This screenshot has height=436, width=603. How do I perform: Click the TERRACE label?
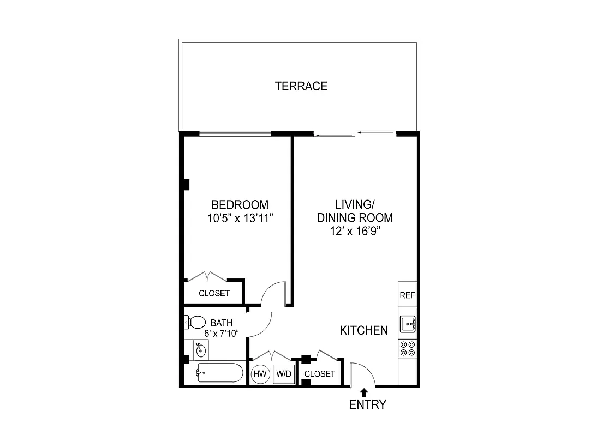pos(301,86)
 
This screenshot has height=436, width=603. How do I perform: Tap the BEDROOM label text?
pos(240,205)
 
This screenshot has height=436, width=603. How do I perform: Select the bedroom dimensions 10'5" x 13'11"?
pos(240,219)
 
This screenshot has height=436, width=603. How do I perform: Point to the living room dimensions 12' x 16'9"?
pos(355,231)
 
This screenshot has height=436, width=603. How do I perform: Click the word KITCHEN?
pos(364,330)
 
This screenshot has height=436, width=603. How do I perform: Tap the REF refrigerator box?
pos(407,295)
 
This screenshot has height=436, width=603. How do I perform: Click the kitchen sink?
pos(407,325)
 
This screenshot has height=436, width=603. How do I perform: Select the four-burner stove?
pos(407,348)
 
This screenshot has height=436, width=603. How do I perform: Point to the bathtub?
pos(219,373)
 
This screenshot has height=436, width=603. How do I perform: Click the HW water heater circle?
pos(260,374)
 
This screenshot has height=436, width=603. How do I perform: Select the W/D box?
pos(283,374)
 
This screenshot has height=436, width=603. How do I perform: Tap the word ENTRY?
pos(368,404)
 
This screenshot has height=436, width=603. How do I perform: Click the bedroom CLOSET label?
pos(214,293)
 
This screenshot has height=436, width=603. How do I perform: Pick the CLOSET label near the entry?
pos(319,374)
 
